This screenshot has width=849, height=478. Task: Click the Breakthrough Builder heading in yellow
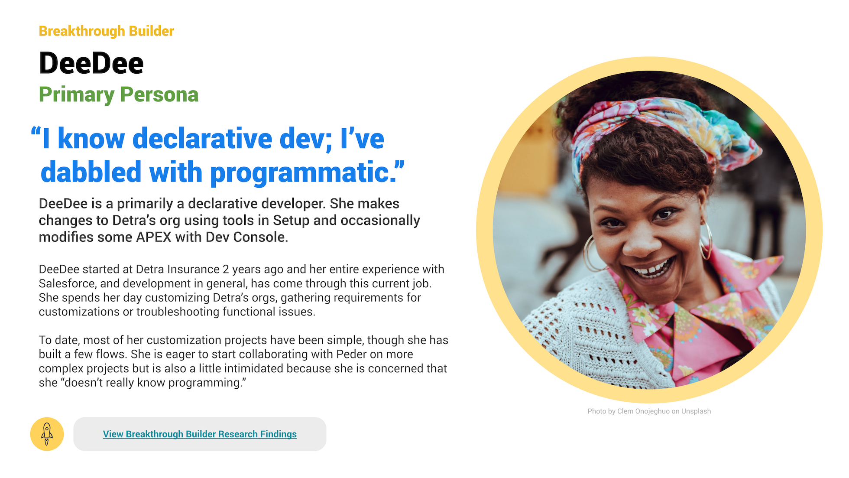106,31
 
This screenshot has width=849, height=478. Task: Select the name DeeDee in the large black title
91,63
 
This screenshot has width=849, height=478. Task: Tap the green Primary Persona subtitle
119,94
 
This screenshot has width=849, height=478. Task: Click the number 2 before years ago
226,269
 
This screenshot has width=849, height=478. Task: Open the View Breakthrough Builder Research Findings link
200,434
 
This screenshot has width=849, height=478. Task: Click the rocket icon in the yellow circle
47,434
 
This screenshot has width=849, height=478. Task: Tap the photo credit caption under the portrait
649,411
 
